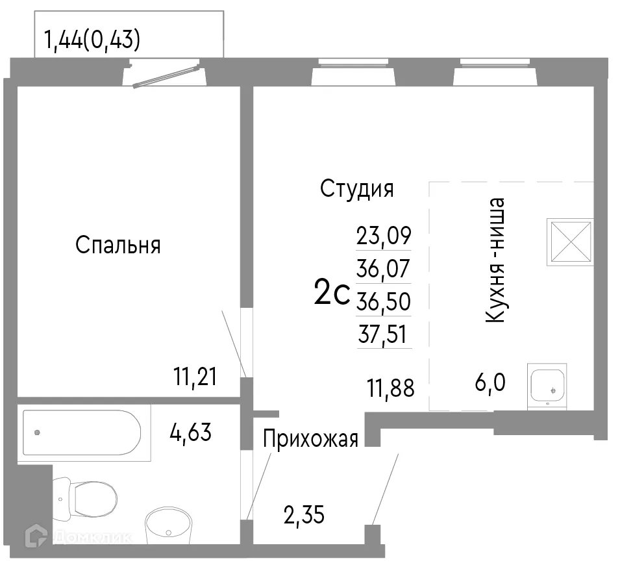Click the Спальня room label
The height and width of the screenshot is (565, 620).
[118, 245]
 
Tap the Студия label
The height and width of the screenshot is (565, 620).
[357, 189]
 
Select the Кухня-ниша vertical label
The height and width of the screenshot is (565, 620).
[495, 260]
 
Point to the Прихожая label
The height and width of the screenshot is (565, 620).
[310, 440]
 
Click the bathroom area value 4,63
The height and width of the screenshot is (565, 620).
[190, 433]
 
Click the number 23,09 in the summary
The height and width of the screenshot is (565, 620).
[384, 235]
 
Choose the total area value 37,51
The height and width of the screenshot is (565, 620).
[384, 335]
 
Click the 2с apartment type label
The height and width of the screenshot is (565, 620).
[331, 294]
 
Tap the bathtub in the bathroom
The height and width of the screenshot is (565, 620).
[81, 432]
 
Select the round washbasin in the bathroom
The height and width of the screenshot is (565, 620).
[168, 525]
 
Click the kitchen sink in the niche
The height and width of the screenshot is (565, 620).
[548, 386]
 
